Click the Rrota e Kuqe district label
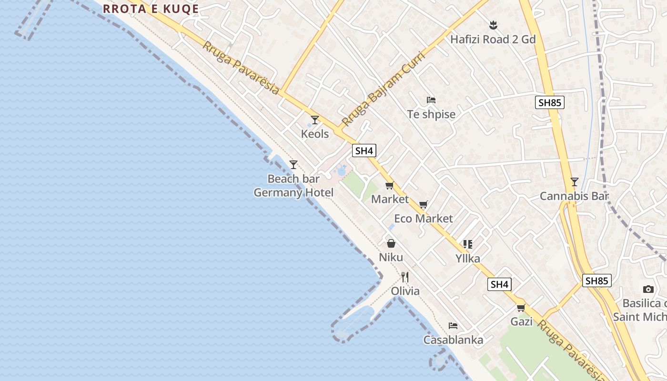tap(151, 9)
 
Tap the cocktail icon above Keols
tap(314, 120)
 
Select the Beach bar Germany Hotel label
tap(293, 186)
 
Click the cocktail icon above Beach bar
tap(293, 165)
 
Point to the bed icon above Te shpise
tap(431, 100)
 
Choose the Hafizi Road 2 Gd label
tap(493, 39)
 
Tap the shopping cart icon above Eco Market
tap(424, 205)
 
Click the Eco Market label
tap(424, 219)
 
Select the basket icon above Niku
tap(391, 243)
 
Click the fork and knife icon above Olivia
tap(405, 277)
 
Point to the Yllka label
tap(467, 259)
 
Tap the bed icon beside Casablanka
tap(453, 326)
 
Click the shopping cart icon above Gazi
tap(521, 308)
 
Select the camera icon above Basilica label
tap(648, 289)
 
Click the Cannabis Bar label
tap(574, 196)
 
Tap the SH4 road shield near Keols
tap(364, 151)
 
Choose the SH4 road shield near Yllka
tap(499, 285)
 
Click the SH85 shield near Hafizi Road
tap(549, 102)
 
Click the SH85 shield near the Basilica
tap(596, 281)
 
